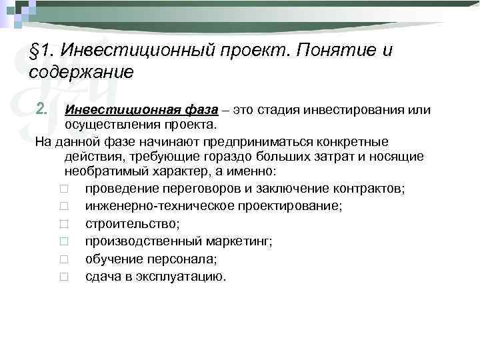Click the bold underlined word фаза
point(188,109)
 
